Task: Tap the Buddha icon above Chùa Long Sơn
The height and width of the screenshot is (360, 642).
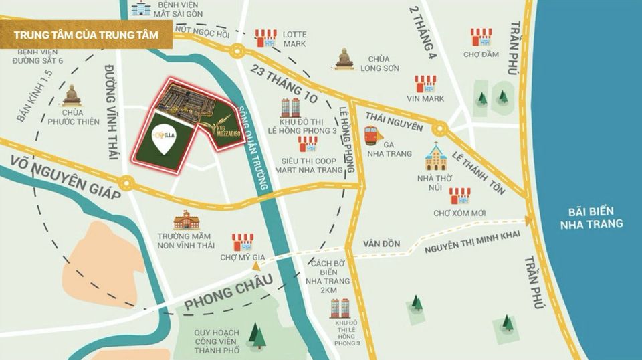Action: pyautogui.click(x=344, y=59)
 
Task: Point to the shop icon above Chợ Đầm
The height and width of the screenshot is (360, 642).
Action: pyautogui.click(x=481, y=37)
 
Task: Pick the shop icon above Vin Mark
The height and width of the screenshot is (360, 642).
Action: pyautogui.click(x=425, y=84)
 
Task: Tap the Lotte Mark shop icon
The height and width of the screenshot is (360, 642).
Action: pyautogui.click(x=265, y=38)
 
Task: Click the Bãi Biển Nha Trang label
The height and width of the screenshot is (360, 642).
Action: pyautogui.click(x=592, y=217)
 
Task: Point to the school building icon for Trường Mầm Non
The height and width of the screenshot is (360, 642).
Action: pyautogui.click(x=186, y=221)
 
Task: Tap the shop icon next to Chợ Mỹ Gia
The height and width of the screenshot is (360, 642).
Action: pyautogui.click(x=242, y=242)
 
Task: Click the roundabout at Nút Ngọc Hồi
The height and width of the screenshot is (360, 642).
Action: pyautogui.click(x=237, y=50)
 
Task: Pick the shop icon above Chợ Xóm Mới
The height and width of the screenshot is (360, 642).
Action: pyautogui.click(x=459, y=196)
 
